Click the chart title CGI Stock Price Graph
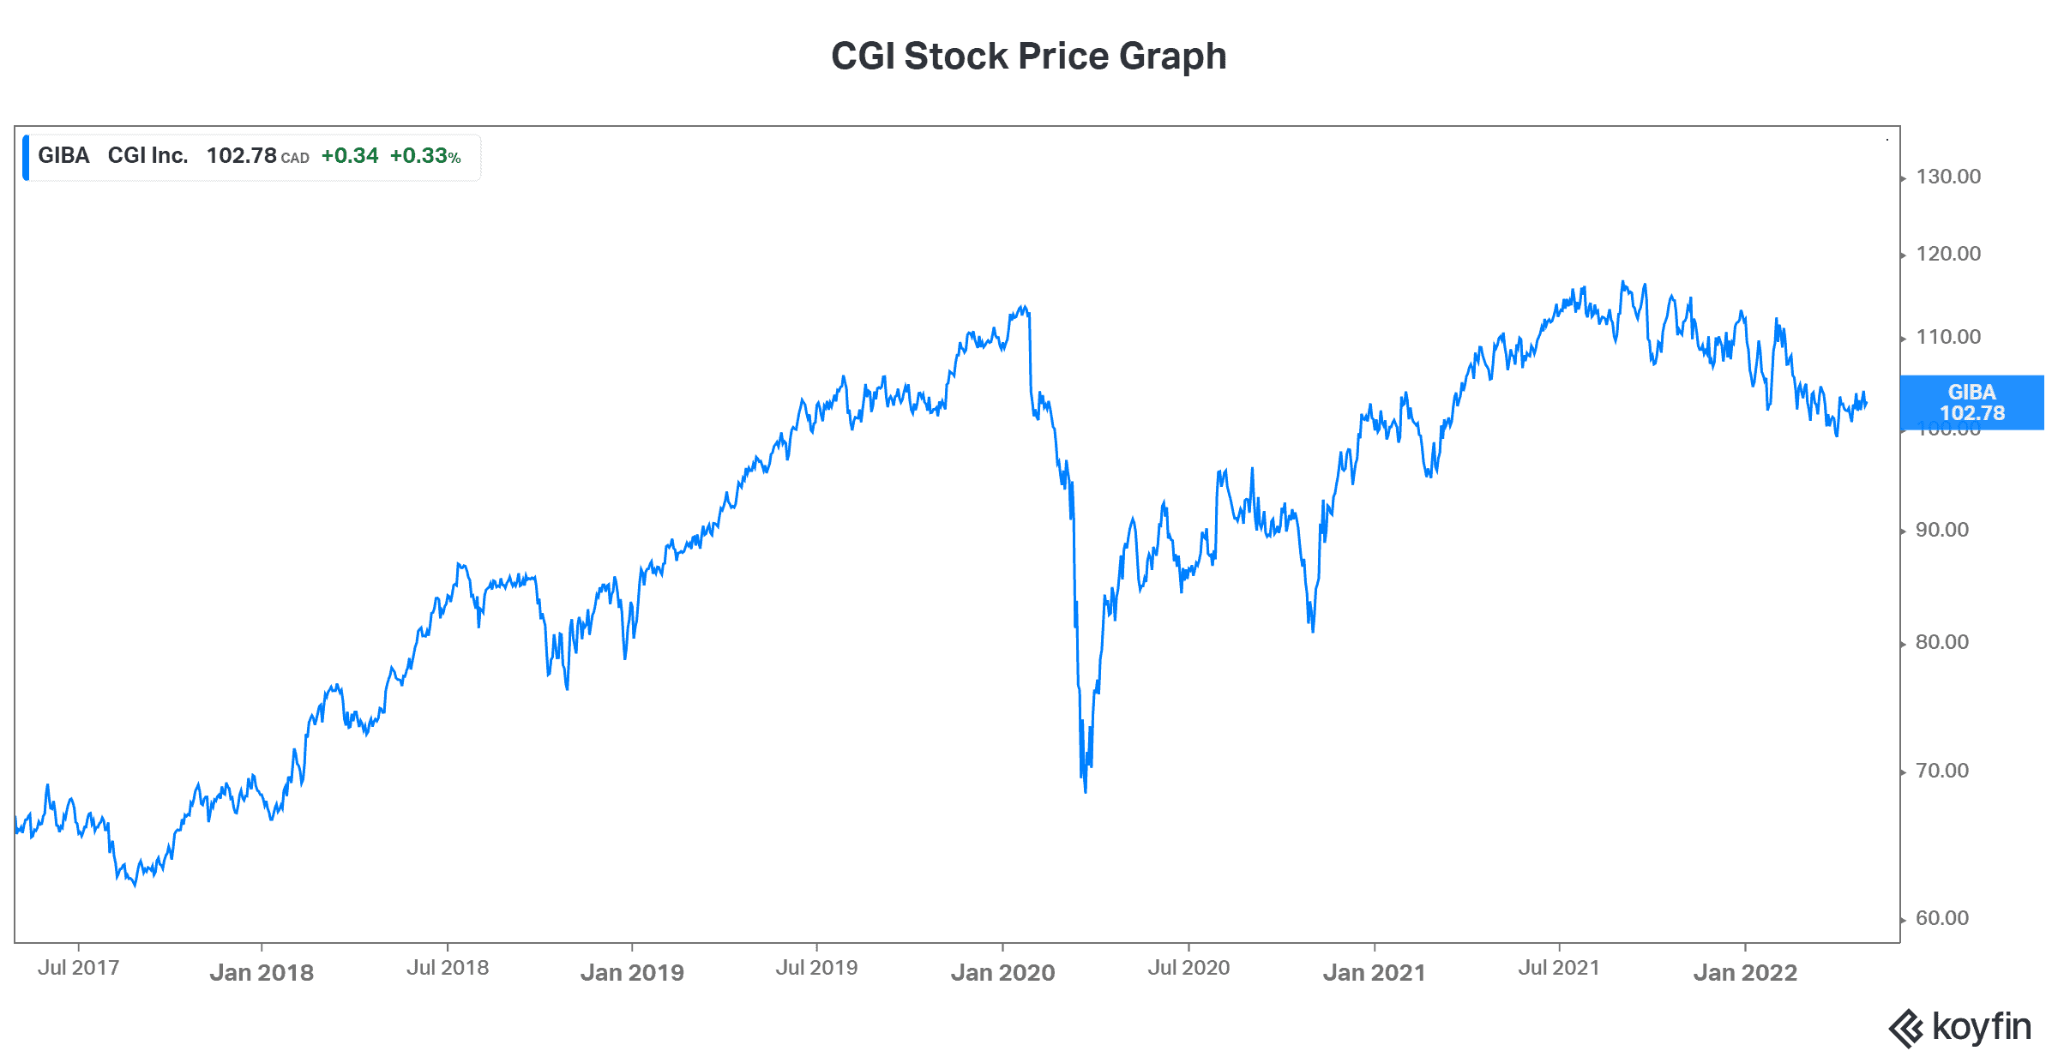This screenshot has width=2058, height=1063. click(x=1028, y=57)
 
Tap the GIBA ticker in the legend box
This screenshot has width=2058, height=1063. click(x=63, y=156)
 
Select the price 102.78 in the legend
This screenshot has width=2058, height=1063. click(x=241, y=156)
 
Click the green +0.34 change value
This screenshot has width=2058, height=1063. click(x=349, y=156)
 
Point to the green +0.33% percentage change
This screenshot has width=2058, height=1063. click(x=425, y=156)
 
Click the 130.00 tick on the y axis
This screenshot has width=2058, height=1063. click(x=1948, y=177)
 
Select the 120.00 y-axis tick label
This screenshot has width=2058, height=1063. click(x=1948, y=255)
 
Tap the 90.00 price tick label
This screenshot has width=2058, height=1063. click(x=1942, y=531)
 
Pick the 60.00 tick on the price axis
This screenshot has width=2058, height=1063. click(x=1942, y=919)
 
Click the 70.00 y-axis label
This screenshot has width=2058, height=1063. click(x=1942, y=772)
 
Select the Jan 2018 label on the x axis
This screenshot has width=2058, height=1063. click(x=262, y=973)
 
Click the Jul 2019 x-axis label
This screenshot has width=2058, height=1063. click(x=816, y=969)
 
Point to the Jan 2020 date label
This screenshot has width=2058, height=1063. click(x=1002, y=973)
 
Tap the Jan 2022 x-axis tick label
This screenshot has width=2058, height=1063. click(x=1745, y=973)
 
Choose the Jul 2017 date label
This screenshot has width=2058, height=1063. click(x=78, y=969)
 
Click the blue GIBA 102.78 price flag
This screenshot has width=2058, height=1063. click(x=1971, y=403)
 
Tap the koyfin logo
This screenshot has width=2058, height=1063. click(x=1960, y=1027)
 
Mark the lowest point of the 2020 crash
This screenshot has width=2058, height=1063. click(x=1086, y=791)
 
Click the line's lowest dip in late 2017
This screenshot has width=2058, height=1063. click(x=135, y=885)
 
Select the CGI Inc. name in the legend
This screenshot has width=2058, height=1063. click(x=147, y=156)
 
